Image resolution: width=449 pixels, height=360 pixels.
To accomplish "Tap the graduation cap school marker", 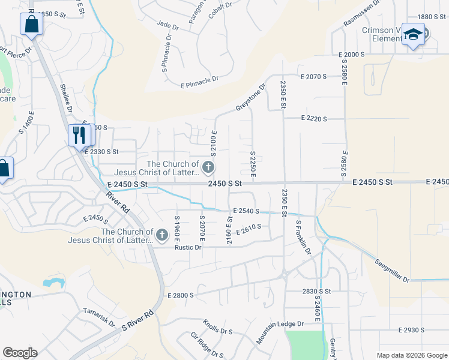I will (413, 34).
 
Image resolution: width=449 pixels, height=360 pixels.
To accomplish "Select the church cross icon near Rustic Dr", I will (162, 236).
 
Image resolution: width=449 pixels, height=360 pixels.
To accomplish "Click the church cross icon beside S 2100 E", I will (208, 166).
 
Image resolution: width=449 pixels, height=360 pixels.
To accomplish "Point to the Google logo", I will (20, 353).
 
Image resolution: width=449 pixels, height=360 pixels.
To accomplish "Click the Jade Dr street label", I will (167, 27).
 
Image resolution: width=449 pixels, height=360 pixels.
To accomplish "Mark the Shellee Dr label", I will (65, 98).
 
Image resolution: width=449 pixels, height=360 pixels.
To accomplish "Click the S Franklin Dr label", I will (303, 237).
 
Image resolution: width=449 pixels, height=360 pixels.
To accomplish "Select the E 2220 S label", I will (314, 119).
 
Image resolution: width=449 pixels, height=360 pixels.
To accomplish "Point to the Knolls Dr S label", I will (217, 327).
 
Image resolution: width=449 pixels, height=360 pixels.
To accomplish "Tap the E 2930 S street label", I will (411, 330).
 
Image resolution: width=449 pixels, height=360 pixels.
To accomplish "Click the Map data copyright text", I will (411, 355).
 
